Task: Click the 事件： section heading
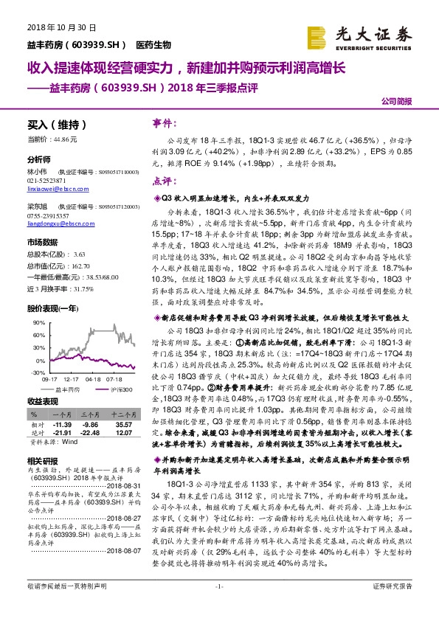pos(163,123)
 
